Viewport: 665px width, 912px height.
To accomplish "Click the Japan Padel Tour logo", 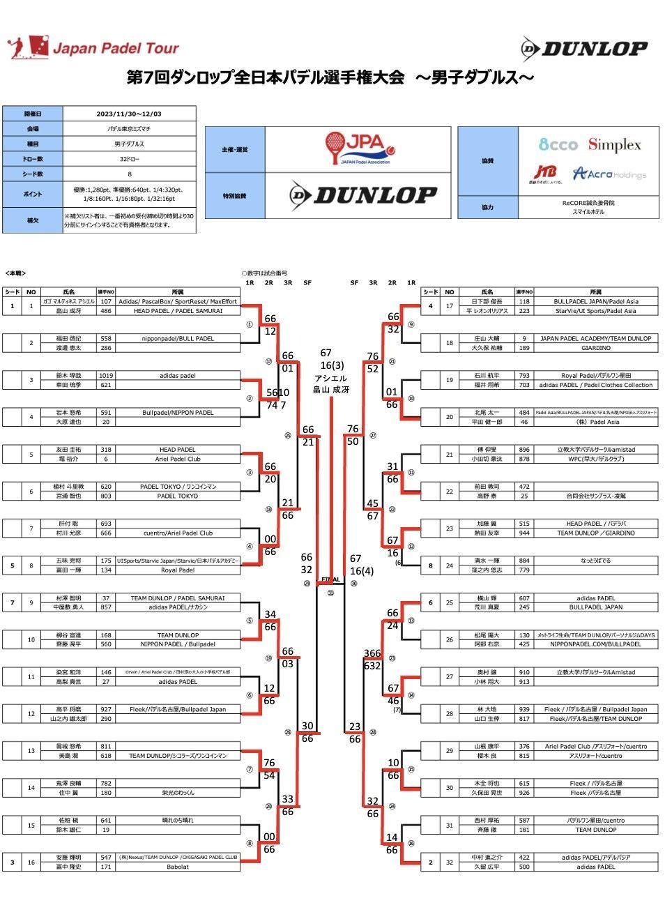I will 93,47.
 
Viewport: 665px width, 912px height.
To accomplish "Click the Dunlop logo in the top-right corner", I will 584,48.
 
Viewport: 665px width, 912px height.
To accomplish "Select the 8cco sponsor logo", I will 558,145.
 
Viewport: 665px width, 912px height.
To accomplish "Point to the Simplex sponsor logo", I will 614,145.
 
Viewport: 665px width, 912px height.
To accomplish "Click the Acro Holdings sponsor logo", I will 609,174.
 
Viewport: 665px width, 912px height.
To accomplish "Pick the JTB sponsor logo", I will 546,173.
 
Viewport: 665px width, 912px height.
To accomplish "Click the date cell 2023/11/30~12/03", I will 129,114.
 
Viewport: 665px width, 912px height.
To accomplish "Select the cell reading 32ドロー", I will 129,159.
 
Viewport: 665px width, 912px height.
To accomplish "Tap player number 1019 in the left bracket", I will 106,376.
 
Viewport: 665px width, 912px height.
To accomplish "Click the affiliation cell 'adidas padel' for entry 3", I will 177,376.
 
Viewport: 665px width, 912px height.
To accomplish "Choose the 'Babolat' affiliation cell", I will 177,867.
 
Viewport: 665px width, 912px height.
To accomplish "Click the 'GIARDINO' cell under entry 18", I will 595,347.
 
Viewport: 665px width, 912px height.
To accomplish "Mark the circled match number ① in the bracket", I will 250,324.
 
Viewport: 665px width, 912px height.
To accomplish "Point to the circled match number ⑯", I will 411,843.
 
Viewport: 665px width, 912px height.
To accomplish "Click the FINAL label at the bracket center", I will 330,579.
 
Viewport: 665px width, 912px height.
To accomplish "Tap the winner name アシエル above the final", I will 330,379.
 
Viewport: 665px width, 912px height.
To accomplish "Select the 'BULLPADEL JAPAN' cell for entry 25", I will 595,607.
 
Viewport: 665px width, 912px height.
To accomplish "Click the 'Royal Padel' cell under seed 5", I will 177,570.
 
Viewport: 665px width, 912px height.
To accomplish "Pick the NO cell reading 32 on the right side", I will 450,862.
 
